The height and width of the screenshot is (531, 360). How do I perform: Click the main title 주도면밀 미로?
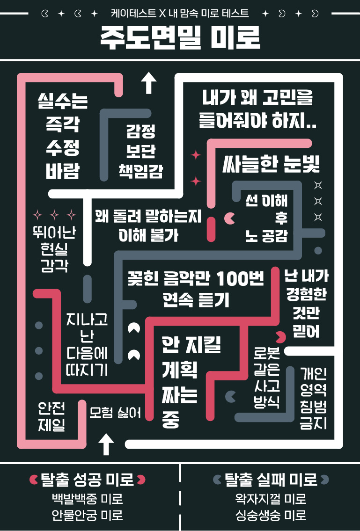pyautogui.click(x=180, y=38)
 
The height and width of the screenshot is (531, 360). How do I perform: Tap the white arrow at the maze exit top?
pyautogui.click(x=149, y=83)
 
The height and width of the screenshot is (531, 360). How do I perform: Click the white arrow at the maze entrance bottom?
pyautogui.click(x=107, y=444)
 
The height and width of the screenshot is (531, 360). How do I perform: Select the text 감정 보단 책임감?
pyautogui.click(x=140, y=151)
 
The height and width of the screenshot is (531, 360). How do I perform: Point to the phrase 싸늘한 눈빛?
pyautogui.click(x=271, y=163)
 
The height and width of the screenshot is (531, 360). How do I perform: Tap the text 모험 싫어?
pyautogui.click(x=115, y=413)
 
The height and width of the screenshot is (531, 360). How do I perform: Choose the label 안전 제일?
pyautogui.click(x=51, y=416)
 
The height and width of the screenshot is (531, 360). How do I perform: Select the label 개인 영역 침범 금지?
pyautogui.click(x=314, y=398)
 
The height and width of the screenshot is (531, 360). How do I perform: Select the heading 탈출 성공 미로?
pyautogui.click(x=88, y=480)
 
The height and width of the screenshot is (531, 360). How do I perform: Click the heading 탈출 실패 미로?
pyautogui.click(x=271, y=480)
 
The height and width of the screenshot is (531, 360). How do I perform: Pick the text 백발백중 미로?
pyautogui.click(x=88, y=499)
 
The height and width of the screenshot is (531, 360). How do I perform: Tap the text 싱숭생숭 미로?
pyautogui.click(x=271, y=516)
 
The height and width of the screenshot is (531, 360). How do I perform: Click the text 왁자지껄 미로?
pyautogui.click(x=271, y=499)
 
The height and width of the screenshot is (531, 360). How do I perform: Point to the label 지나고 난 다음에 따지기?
pyautogui.click(x=87, y=344)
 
